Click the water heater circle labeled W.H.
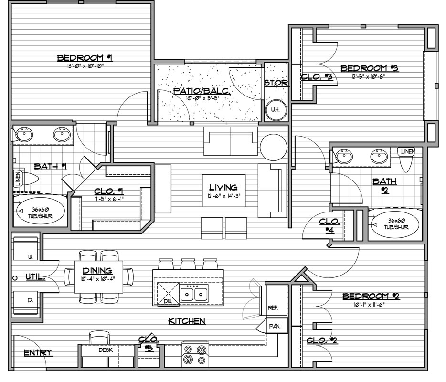(x=276, y=110)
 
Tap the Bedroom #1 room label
(x=85, y=58)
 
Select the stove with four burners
(x=195, y=355)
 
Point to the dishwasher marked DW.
(x=168, y=294)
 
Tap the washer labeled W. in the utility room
(x=26, y=248)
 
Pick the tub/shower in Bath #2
(x=396, y=225)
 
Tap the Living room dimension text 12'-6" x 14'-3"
(x=223, y=196)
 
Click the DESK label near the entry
(x=106, y=350)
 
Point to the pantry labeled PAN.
(x=275, y=326)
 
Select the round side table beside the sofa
(x=274, y=147)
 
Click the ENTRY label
(x=38, y=353)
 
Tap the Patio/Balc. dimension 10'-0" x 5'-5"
(x=202, y=98)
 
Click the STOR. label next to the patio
(x=277, y=83)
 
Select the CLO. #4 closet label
(x=329, y=226)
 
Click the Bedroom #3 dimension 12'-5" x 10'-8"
(x=368, y=76)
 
